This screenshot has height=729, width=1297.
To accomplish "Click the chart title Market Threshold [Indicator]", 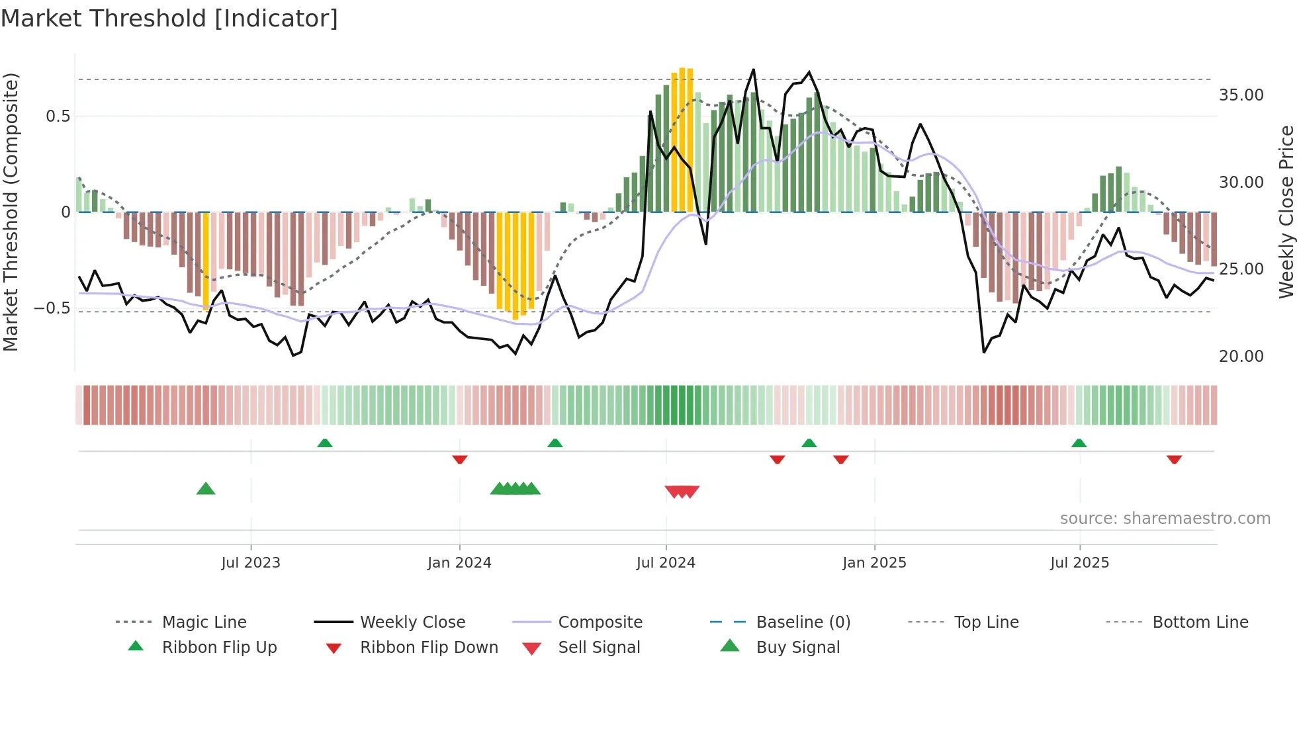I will click(x=169, y=19).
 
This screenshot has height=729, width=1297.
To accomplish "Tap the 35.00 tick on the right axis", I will click(x=1241, y=95).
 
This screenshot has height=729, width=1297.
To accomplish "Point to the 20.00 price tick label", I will click(x=1241, y=357).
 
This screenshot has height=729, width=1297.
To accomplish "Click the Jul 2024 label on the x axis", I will click(x=666, y=563).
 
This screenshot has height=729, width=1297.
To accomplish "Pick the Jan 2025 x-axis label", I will click(x=874, y=563).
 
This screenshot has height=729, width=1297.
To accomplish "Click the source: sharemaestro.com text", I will click(x=1165, y=519).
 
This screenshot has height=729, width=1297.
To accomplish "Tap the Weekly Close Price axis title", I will click(x=1286, y=212).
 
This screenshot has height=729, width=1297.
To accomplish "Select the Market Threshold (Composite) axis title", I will click(x=11, y=212).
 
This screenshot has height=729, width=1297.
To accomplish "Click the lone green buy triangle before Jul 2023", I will click(x=206, y=489).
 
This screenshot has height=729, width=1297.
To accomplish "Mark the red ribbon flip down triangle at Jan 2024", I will click(x=460, y=459).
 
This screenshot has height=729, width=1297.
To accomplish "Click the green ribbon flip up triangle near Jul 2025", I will click(x=1079, y=443).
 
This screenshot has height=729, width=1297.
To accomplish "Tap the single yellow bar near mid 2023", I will click(x=206, y=261).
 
